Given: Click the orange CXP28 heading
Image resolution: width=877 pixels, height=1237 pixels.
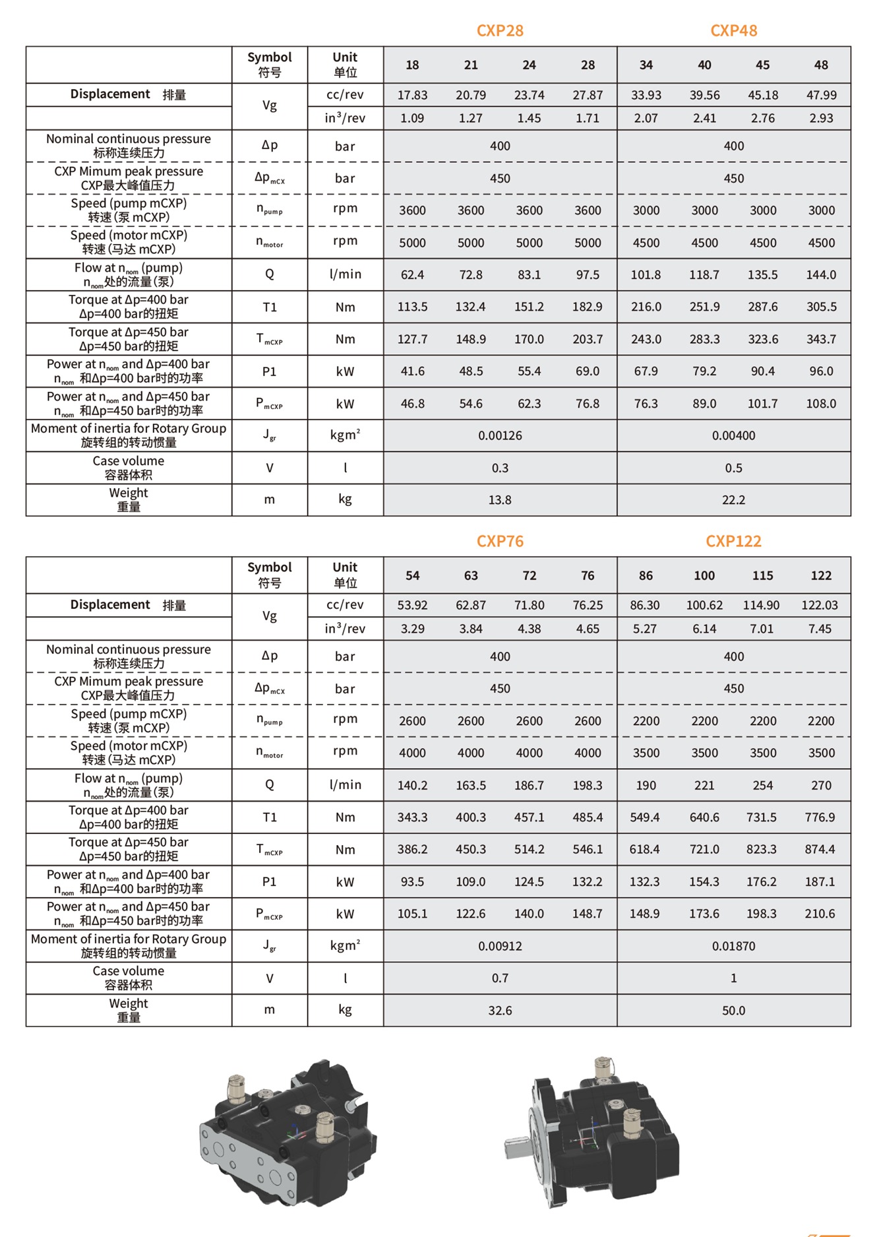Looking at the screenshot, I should [500, 31].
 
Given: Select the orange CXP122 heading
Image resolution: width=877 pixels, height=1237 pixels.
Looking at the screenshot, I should [733, 542].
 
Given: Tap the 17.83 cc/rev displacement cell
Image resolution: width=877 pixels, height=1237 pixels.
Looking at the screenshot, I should [412, 95].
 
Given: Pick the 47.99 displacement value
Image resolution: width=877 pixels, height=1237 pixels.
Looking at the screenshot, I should [821, 95].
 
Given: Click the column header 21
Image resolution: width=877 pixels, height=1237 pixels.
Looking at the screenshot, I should [471, 65].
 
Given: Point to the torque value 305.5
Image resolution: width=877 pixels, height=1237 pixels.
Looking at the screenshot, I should [821, 307].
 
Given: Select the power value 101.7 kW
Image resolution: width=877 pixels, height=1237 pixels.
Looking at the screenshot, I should [762, 404].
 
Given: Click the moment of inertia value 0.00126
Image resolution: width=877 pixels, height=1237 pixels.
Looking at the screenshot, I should [500, 435].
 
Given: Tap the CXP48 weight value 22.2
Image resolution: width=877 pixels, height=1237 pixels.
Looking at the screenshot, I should [733, 500].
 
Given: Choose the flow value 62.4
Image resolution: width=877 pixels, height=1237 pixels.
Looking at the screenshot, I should [412, 274].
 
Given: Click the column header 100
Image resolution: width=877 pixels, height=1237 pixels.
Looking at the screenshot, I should [704, 576].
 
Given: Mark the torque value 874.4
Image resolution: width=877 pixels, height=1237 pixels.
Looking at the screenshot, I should [820, 850].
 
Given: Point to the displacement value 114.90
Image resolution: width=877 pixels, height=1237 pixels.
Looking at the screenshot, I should [761, 605].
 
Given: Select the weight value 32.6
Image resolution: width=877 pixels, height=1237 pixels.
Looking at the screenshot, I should [500, 1011].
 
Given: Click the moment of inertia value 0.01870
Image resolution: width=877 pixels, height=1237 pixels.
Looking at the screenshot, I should [733, 946].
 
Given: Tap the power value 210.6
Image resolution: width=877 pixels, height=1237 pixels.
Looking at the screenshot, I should [820, 914].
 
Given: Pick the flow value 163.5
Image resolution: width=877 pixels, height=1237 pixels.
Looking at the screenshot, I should [471, 785].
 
